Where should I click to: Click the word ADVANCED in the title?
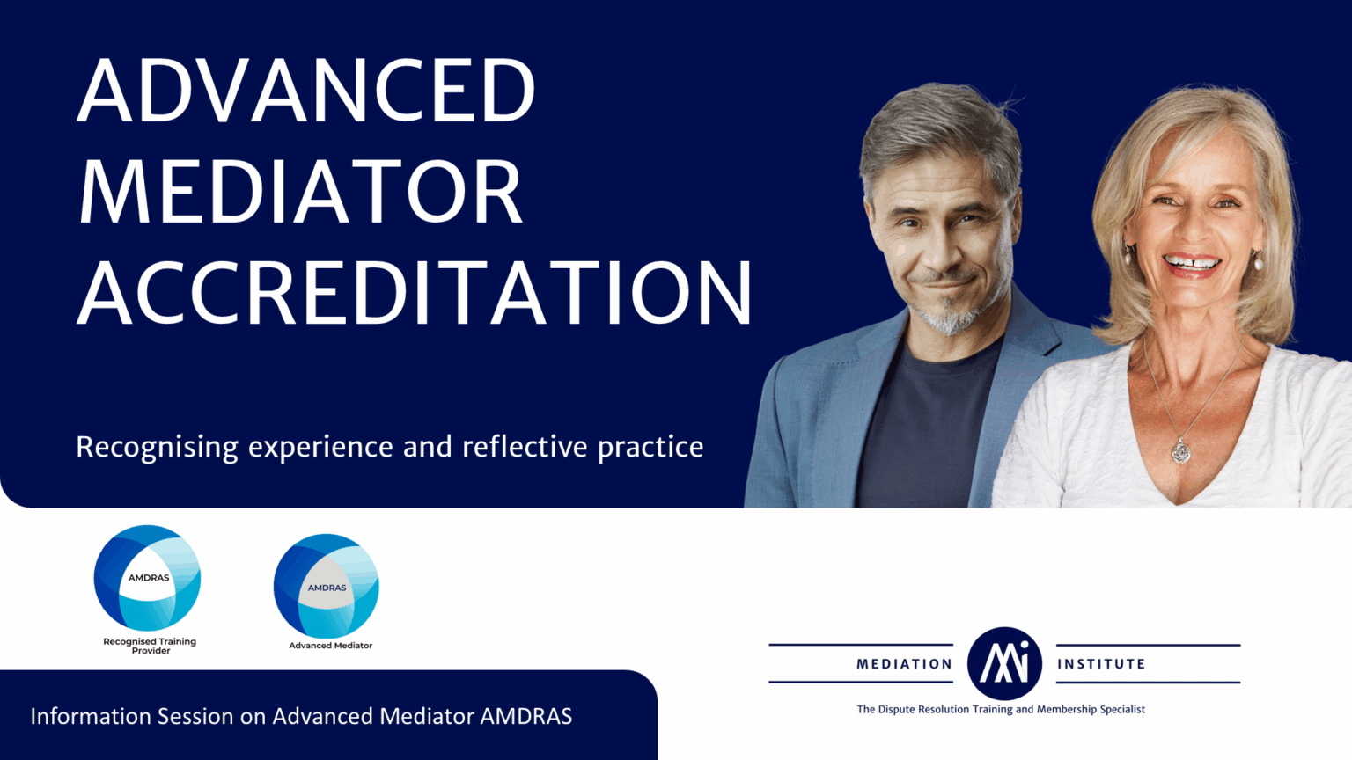(x=306, y=90)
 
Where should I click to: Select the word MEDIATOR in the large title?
(x=301, y=192)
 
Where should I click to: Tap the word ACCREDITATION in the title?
(x=415, y=293)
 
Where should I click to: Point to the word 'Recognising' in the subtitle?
(x=157, y=448)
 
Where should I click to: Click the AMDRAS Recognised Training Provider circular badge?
(x=148, y=577)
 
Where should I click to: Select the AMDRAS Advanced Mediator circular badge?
(x=327, y=585)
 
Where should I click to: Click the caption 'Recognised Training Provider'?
(x=150, y=646)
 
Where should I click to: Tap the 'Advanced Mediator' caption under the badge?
(x=331, y=646)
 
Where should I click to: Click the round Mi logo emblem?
(x=1004, y=663)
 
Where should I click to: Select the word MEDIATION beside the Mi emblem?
(x=904, y=664)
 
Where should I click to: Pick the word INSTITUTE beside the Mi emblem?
(x=1101, y=664)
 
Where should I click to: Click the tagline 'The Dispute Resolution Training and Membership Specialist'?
(x=1001, y=709)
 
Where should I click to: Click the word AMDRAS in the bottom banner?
(x=525, y=717)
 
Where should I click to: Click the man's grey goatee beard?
(x=948, y=317)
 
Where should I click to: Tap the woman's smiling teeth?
(x=1192, y=262)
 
